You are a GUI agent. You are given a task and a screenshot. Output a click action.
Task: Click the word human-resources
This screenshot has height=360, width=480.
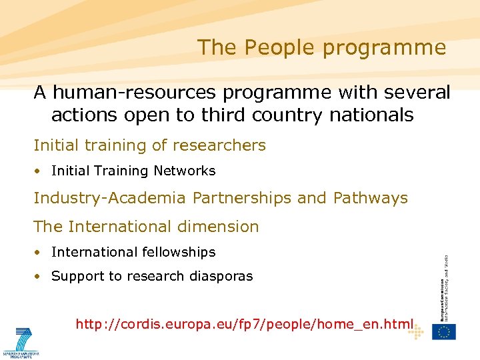136,93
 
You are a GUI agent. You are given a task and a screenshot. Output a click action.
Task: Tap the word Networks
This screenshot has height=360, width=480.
185,171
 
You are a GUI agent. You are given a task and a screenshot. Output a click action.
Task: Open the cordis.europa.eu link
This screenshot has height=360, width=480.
244,325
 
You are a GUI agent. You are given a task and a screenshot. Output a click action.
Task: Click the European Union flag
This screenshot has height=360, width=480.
443,331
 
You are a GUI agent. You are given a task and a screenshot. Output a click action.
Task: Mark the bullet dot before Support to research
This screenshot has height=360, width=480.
41,277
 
